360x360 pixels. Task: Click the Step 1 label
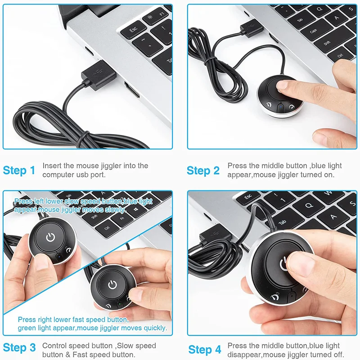[x=19, y=171]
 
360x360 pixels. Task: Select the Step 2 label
[x=203, y=171]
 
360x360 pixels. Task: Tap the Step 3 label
[x=19, y=347]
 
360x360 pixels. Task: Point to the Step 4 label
[x=205, y=350]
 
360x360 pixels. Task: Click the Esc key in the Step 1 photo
[x=133, y=30]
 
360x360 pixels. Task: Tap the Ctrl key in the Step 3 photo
[x=108, y=228]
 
